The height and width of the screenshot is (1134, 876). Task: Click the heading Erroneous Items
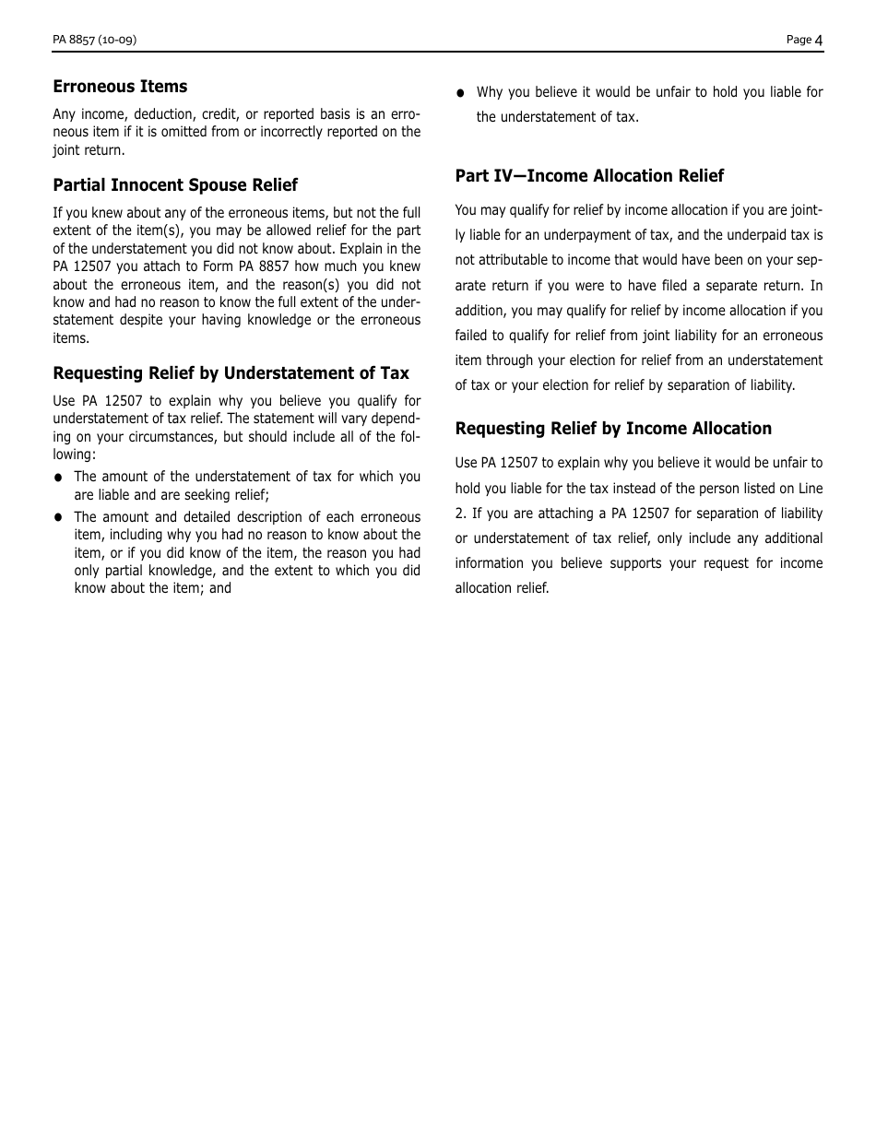[120, 87]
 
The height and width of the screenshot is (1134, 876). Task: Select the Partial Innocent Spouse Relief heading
[175, 185]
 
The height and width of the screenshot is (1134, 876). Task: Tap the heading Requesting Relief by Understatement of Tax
[231, 373]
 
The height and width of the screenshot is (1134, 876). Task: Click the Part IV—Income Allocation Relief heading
[589, 176]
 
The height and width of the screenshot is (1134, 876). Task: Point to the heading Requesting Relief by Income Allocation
[613, 429]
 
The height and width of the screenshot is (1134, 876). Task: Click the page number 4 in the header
[819, 40]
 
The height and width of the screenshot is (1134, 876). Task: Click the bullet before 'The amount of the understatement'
[58, 478]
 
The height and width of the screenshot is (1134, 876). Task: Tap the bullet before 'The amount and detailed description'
[58, 518]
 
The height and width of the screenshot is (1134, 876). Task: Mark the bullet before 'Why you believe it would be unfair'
[461, 93]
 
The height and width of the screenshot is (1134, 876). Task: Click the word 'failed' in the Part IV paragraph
[472, 336]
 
